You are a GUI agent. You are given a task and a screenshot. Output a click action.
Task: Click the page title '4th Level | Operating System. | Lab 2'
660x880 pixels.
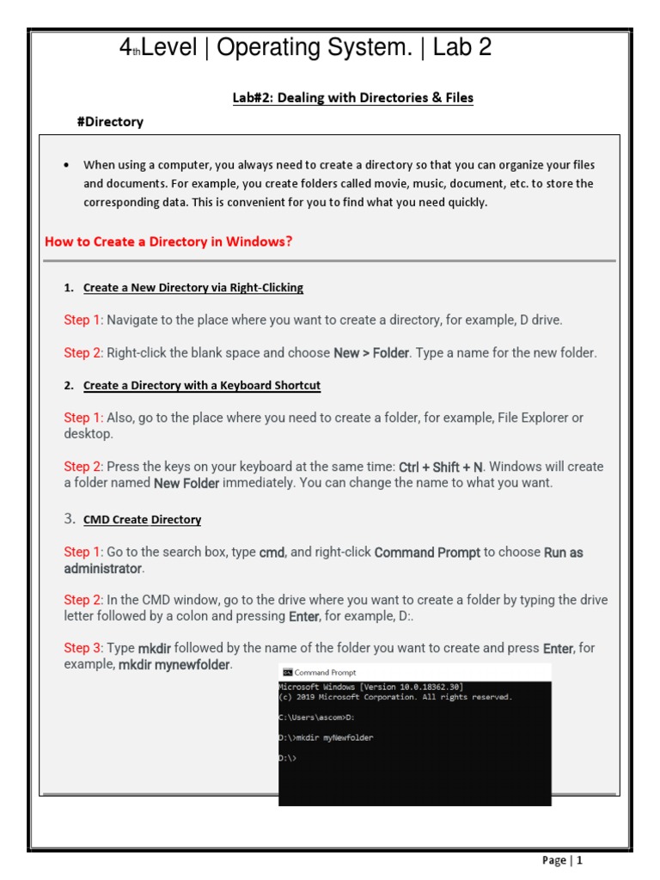305,48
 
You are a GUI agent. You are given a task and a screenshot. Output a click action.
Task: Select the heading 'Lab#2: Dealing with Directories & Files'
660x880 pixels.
352,98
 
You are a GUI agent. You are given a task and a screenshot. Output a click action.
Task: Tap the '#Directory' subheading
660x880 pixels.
110,122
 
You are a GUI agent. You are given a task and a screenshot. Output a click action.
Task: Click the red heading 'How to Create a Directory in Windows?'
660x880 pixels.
168,241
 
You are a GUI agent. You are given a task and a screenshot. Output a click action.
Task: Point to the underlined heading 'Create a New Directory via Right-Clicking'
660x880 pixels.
193,288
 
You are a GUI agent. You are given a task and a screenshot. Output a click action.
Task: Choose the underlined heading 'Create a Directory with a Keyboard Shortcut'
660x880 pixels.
202,386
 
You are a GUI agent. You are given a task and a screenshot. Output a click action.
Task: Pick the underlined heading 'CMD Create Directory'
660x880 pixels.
142,520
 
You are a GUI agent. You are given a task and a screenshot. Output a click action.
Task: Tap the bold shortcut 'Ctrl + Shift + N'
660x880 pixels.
441,467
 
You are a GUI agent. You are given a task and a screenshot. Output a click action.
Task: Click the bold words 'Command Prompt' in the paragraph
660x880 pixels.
427,553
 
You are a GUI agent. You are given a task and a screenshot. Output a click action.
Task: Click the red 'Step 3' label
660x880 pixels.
83,648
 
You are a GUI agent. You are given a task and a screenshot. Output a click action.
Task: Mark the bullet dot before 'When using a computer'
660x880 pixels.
67,165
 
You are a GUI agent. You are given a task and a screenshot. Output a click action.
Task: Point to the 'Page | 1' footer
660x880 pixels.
562,860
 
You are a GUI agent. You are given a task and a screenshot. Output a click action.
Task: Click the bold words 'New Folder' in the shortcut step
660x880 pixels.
186,483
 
